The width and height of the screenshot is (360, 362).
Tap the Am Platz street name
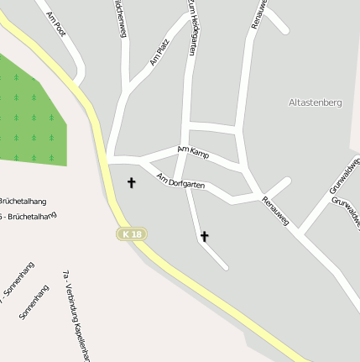(x=159, y=51)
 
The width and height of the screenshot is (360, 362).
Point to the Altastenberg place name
(x=315, y=102)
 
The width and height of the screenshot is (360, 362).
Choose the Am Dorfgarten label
(x=180, y=181)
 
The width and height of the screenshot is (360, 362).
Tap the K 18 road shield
(x=131, y=233)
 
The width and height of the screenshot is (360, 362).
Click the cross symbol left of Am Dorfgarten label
(x=131, y=181)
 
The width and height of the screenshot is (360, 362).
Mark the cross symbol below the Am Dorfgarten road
(x=204, y=237)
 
